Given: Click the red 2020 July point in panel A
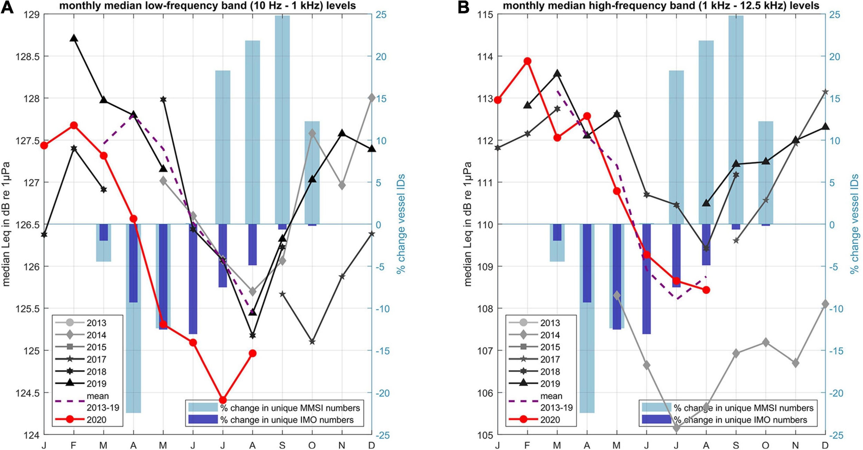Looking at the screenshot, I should point(223,400).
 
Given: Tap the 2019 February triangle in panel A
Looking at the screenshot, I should point(74,38).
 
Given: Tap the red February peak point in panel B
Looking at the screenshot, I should point(527,61).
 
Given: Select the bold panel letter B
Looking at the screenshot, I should point(463,7).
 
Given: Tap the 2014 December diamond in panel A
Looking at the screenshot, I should point(371,98).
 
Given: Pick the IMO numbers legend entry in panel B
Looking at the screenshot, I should point(725,420).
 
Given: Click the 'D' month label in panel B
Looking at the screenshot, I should point(825,446).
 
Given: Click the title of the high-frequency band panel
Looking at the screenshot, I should point(661,6).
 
